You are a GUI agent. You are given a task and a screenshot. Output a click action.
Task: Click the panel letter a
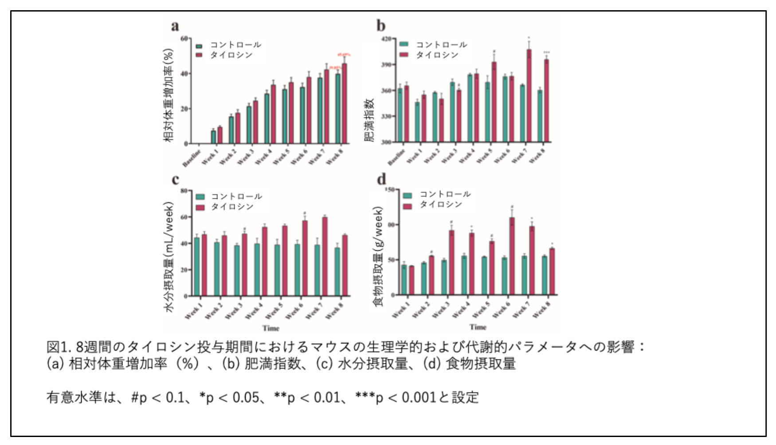[x=175, y=26]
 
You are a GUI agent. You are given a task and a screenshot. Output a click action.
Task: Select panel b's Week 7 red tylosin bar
[x=529, y=96]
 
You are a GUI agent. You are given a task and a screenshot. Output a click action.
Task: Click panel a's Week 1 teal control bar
[x=213, y=137]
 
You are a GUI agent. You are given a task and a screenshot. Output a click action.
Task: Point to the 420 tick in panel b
[x=386, y=39]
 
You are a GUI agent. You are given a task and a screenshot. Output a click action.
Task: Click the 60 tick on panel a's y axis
[x=184, y=39]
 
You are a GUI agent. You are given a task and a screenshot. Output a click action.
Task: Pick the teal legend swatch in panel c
[x=200, y=197]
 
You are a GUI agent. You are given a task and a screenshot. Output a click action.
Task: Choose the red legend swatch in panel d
[x=408, y=206]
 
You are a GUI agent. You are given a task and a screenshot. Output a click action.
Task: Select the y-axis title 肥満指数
[x=369, y=120]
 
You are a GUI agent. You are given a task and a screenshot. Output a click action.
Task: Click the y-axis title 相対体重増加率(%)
[x=169, y=95]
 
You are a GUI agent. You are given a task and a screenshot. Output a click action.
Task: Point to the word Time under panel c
[x=270, y=328]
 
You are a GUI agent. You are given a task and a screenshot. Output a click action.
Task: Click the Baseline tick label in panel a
[x=192, y=158]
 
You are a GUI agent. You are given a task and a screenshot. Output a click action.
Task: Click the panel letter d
[x=381, y=179]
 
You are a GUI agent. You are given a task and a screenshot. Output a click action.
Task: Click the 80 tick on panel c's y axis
[x=184, y=191]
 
